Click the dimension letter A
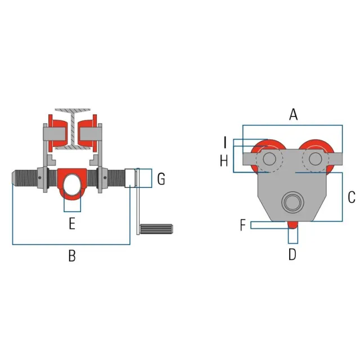point(294,115)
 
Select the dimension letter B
point(72,256)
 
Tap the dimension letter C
point(352,197)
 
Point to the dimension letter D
point(292,254)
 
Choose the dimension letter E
point(72,224)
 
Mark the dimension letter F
point(243,225)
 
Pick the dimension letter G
point(161,179)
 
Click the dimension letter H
point(224,160)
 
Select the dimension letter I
point(225,142)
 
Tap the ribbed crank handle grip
point(156,229)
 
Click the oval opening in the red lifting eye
point(73,184)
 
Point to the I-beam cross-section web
point(73,129)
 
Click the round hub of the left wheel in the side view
point(269,159)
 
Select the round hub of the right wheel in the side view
point(315,159)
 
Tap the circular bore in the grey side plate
point(292,202)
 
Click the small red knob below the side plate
point(292,225)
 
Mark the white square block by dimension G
point(130,178)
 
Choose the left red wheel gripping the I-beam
point(57,133)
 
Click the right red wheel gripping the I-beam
point(87,133)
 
